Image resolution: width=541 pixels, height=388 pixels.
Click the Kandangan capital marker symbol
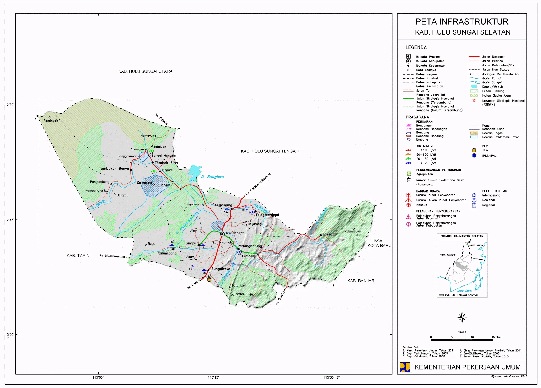tap(222, 234)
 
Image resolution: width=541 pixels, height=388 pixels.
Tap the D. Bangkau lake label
tap(212, 177)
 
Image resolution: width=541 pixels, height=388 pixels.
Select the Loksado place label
tap(330, 234)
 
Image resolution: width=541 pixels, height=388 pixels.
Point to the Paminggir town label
tap(51, 121)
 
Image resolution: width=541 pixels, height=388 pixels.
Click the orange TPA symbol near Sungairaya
tap(209, 279)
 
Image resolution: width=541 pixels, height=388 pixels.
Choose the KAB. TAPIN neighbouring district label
tap(78, 256)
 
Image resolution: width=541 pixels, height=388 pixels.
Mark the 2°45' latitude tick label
tap(11, 220)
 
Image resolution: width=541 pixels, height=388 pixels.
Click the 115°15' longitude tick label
tap(213, 377)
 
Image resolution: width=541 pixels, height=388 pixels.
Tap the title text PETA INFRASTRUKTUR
tap(462, 22)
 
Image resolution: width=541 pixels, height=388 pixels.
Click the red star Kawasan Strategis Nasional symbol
tap(474, 100)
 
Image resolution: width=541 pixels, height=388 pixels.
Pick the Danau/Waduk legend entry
tap(492, 87)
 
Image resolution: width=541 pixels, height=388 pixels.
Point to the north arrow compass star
tap(462, 317)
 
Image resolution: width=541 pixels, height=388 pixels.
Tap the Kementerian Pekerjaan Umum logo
tap(405, 367)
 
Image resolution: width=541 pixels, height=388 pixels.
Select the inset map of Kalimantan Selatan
tap(462, 265)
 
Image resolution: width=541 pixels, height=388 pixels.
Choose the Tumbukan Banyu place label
tap(114, 169)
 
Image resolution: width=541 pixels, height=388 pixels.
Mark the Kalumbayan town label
tap(353, 231)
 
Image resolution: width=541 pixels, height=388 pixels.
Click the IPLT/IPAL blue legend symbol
tap(474, 156)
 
